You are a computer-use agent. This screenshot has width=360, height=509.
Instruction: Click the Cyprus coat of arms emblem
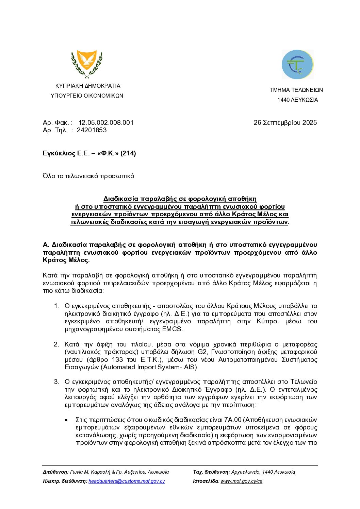pyautogui.click(x=87, y=64)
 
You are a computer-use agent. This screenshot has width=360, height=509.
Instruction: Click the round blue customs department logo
pyautogui.click(x=297, y=65)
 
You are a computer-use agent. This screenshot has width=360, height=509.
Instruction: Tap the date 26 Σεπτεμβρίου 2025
pyautogui.click(x=285, y=123)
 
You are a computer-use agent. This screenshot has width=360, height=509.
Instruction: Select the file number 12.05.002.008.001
pyautogui.click(x=106, y=123)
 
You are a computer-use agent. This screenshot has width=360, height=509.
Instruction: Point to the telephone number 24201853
pyautogui.click(x=92, y=130)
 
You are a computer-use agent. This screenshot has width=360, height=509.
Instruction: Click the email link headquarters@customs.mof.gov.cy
pyautogui.click(x=127, y=481)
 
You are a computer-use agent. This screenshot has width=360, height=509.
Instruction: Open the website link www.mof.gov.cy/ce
pyautogui.click(x=241, y=481)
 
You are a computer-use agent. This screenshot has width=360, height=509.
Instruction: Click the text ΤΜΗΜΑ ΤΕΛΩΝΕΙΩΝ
pyautogui.click(x=296, y=90)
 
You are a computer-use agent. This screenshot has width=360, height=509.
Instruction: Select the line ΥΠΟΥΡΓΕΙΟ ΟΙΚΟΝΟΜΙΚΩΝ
pyautogui.click(x=87, y=96)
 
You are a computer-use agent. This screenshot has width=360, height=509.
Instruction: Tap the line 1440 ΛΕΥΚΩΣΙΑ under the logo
pyautogui.click(x=297, y=100)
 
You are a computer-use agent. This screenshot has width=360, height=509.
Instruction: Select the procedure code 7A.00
pyautogui.click(x=233, y=420)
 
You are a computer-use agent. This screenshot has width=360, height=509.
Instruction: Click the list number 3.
pyautogui.click(x=56, y=382)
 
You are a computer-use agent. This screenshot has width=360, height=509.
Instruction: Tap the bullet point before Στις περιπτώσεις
pyautogui.click(x=66, y=420)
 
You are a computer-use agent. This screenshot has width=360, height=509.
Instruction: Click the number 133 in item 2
pyautogui.click(x=117, y=360)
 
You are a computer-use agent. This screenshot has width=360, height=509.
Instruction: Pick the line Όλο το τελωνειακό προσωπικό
pyautogui.click(x=88, y=176)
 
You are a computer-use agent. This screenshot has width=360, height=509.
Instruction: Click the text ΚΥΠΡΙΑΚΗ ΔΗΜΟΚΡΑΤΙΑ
pyautogui.click(x=88, y=86)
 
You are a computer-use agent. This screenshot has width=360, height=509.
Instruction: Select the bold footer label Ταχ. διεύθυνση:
pyautogui.click(x=211, y=472)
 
